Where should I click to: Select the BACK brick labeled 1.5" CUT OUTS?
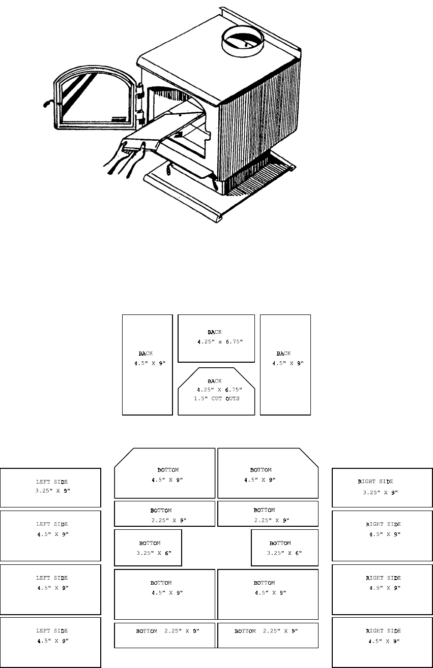(216, 391)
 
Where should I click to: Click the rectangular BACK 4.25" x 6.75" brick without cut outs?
(216, 338)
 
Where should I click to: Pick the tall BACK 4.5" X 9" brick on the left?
(148, 364)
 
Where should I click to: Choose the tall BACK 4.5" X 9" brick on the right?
(285, 364)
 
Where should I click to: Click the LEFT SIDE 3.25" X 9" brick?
(50, 487)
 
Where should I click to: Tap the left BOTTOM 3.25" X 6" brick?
(148, 547)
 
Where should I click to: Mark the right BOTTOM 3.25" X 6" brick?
(284, 547)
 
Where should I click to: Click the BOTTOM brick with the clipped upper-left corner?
(164, 473)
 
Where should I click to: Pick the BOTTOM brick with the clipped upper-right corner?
(268, 473)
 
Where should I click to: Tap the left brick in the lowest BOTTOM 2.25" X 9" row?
(165, 635)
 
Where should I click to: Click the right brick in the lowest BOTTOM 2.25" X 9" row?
(268, 635)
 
